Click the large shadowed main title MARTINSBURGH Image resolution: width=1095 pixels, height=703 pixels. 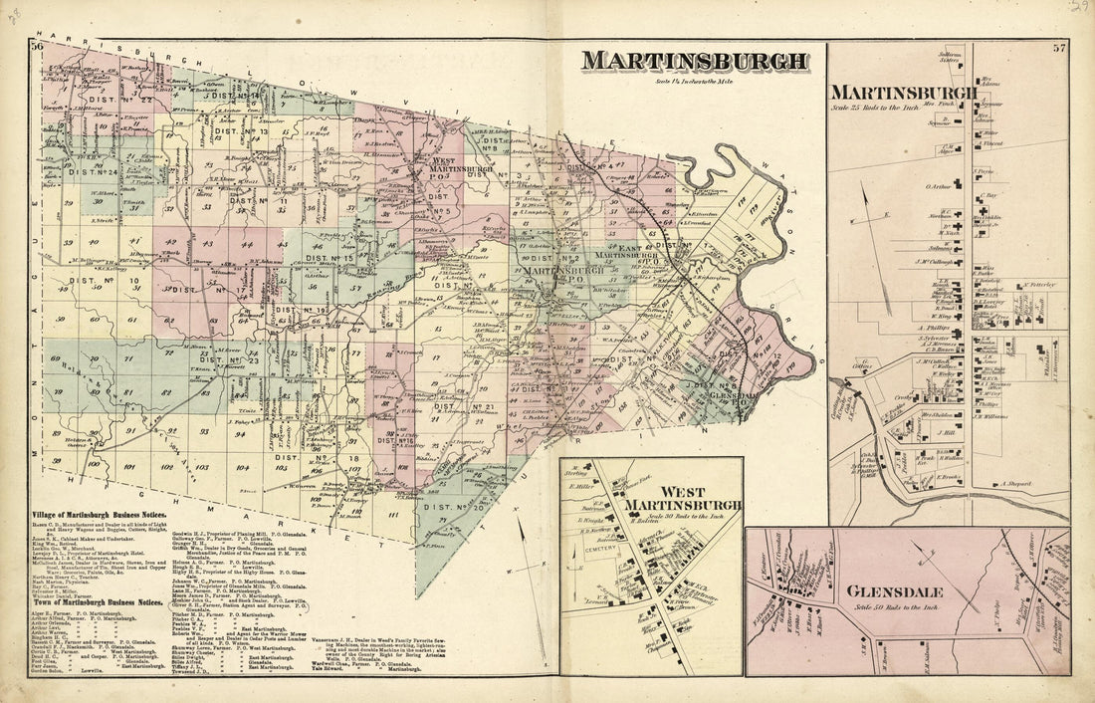click(695, 61)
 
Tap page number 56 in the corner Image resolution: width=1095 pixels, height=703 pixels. click(37, 47)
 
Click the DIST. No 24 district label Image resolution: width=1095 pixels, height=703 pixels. click(94, 170)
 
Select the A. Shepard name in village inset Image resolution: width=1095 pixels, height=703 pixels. click(1016, 485)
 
